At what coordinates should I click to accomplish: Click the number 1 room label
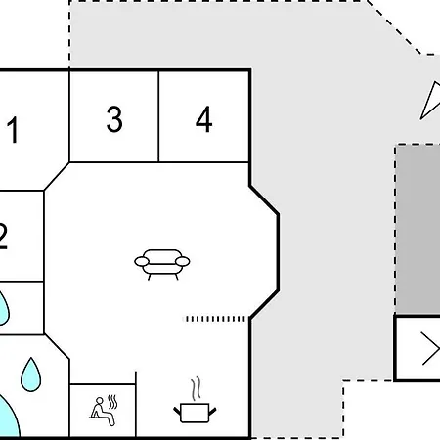(x=14, y=130)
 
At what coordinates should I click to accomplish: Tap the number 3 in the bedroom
(x=114, y=119)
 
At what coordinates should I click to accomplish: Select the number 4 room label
(x=204, y=119)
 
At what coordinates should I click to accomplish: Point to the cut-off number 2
(x=3, y=237)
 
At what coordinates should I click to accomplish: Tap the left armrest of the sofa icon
(x=142, y=261)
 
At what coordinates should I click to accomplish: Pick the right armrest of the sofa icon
(x=183, y=261)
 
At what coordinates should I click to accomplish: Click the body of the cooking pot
(x=195, y=413)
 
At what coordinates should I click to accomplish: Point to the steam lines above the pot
(x=196, y=389)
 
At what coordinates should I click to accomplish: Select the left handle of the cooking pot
(x=177, y=411)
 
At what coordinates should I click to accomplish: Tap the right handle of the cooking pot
(x=212, y=411)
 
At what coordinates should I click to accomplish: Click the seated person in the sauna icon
(x=102, y=412)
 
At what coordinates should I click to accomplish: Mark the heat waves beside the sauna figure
(x=112, y=402)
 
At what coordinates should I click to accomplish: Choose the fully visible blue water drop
(x=31, y=374)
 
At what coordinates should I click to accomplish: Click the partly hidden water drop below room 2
(x=4, y=309)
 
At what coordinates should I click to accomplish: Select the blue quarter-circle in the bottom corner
(x=7, y=418)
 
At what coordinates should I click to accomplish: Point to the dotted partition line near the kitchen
(x=215, y=319)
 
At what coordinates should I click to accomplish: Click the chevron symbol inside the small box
(x=431, y=349)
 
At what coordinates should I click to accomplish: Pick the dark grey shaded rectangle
(x=418, y=229)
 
